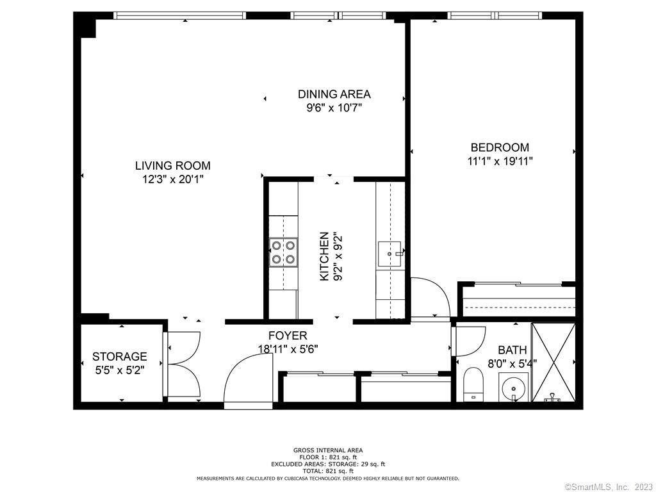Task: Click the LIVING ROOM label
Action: coord(173,166)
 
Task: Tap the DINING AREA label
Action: coord(334,94)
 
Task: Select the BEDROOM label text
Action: coord(500,147)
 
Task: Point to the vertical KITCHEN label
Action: coord(324,256)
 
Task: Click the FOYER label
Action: coord(288,336)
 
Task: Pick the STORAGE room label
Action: coord(120,356)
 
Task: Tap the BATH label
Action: coord(512,350)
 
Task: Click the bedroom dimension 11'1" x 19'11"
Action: coord(500,161)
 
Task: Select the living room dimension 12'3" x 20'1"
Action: coord(173,179)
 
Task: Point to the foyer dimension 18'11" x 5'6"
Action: coord(288,349)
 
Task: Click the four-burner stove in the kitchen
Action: coord(283,252)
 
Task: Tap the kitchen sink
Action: coord(390,254)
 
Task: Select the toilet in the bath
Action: coord(473,384)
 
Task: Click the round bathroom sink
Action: coord(513,387)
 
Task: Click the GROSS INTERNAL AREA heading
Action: coord(328,450)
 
